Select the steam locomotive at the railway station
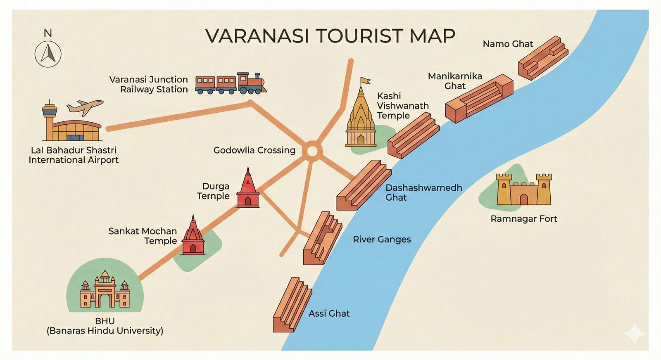tap(251, 84)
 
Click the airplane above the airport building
tap(85, 107)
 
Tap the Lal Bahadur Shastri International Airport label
tap(74, 155)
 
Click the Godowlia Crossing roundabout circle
tap(312, 152)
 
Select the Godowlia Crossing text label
tap(254, 150)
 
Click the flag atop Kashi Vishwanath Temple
tap(365, 81)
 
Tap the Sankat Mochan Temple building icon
tap(193, 237)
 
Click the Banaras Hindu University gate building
tap(105, 291)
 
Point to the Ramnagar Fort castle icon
tap(524, 190)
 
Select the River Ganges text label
tap(381, 239)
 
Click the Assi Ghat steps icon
tap(292, 305)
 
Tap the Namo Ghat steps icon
tap(543, 57)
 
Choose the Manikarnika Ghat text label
tap(455, 81)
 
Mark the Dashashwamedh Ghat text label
tap(423, 192)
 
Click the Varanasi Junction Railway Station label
tap(149, 84)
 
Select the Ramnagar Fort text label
tap(523, 219)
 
